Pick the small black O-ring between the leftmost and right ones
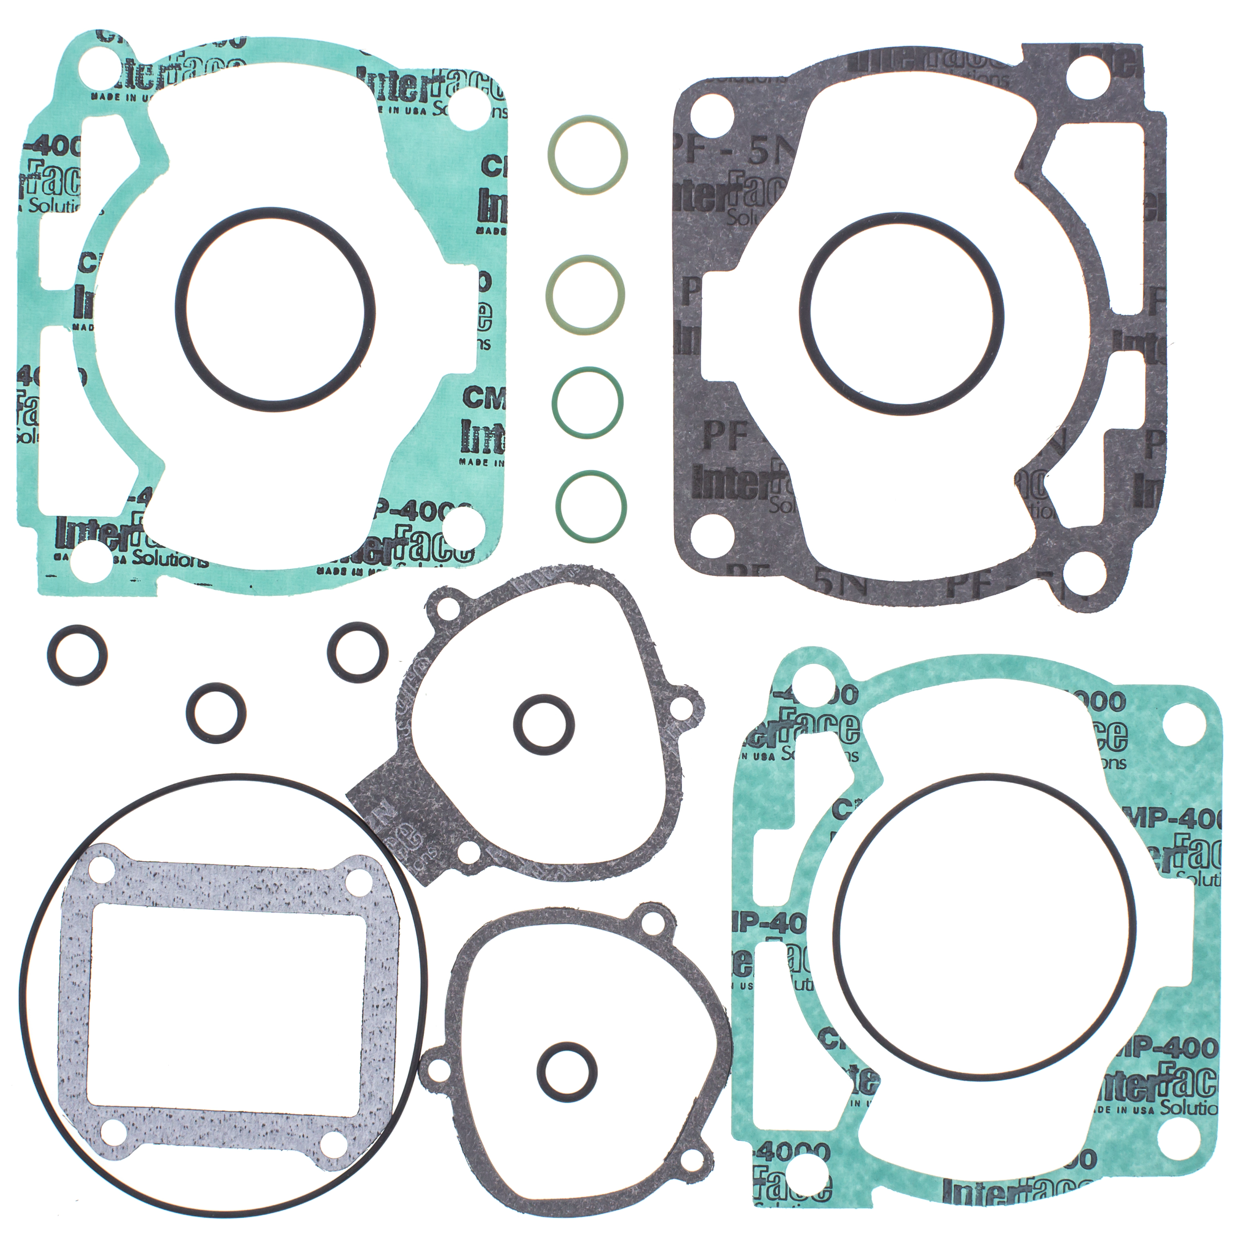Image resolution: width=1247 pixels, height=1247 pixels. pyautogui.click(x=215, y=713)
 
